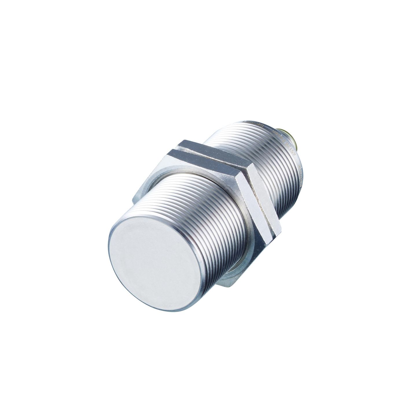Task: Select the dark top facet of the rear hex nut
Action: (208, 147)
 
